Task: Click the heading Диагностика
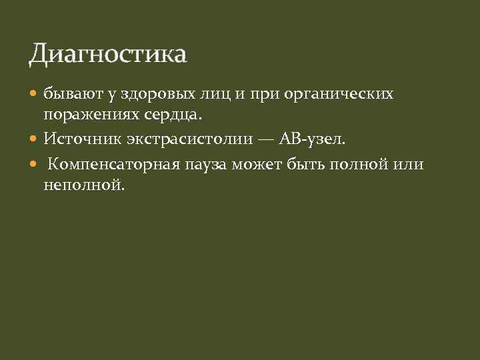pos(108,54)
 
